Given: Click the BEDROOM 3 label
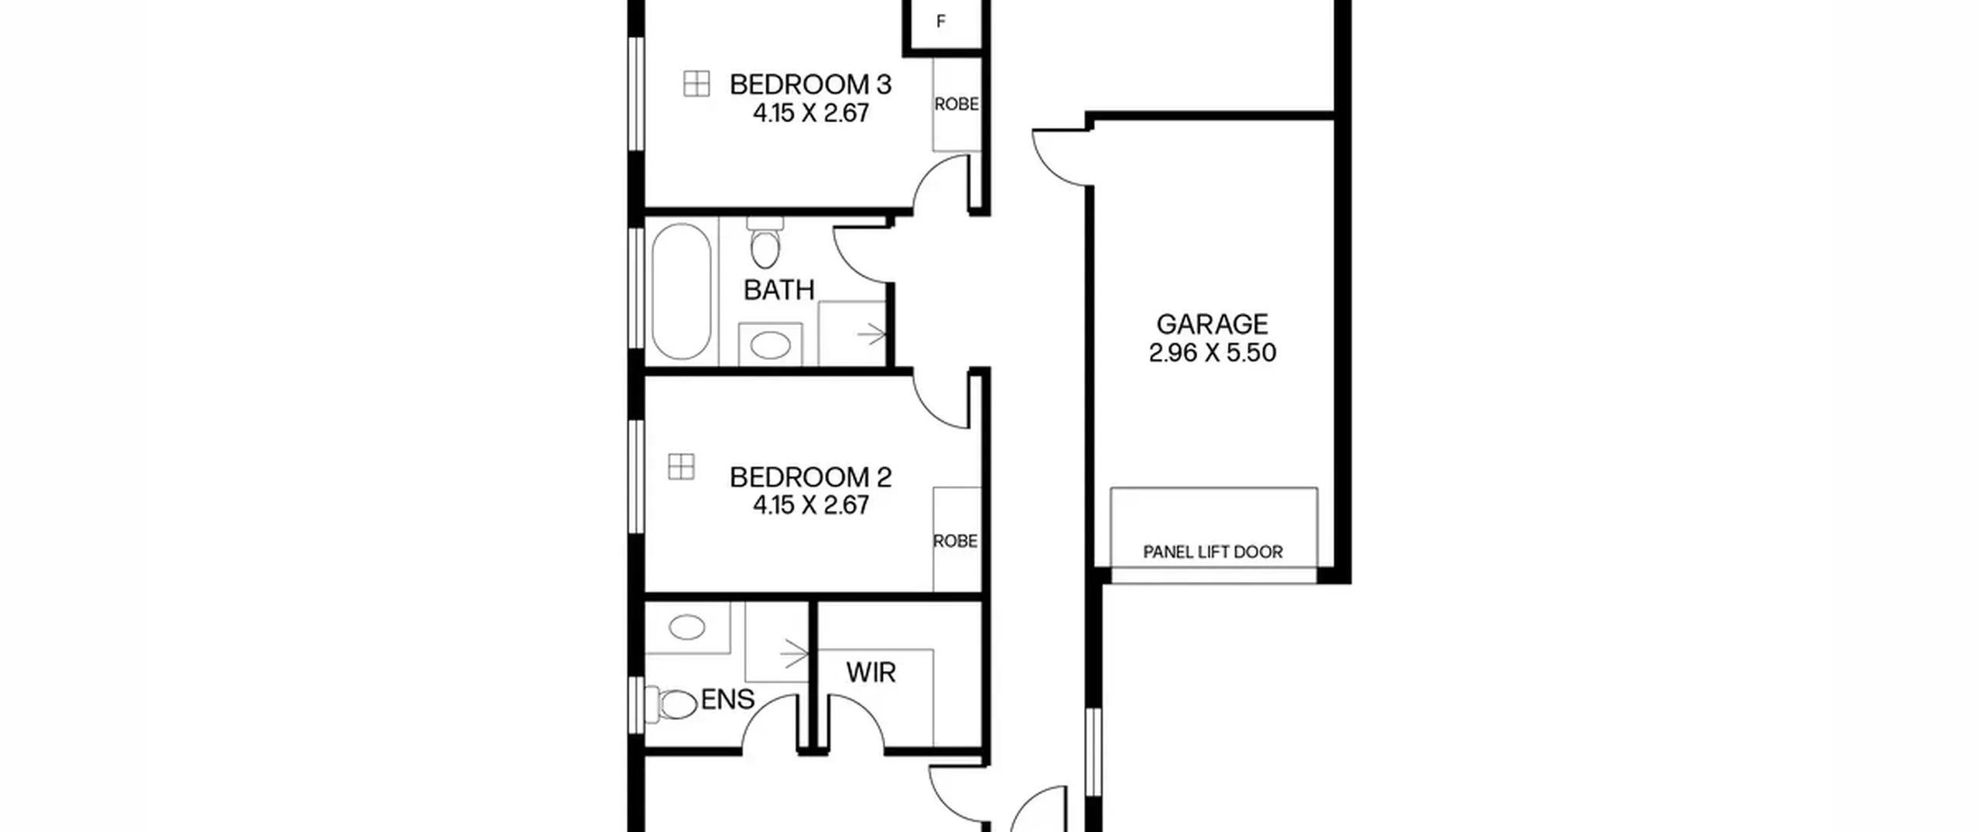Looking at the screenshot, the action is (810, 84).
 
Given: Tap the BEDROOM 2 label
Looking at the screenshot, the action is (810, 477).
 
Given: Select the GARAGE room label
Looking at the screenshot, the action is (1212, 324).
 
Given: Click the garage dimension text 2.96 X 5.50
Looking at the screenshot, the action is (1212, 353).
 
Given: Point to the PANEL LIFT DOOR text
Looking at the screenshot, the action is (1213, 552).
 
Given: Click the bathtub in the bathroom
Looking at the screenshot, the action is (681, 292).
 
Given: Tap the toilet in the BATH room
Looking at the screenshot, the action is (765, 242).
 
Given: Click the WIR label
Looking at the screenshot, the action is (871, 673).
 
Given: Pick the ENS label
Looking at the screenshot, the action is (727, 700).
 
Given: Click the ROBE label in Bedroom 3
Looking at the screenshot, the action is (956, 104).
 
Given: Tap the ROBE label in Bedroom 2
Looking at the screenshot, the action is (956, 540).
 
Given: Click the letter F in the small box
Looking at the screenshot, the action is (941, 22).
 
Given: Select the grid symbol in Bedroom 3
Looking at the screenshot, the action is (696, 84).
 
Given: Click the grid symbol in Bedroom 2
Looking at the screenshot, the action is (681, 467).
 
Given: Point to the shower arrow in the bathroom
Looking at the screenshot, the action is (871, 335).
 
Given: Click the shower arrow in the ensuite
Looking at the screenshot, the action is (794, 654).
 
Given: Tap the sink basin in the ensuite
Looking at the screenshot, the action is (687, 628).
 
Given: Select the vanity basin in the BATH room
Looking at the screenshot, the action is (771, 345).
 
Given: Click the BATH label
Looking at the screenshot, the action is (779, 290).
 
